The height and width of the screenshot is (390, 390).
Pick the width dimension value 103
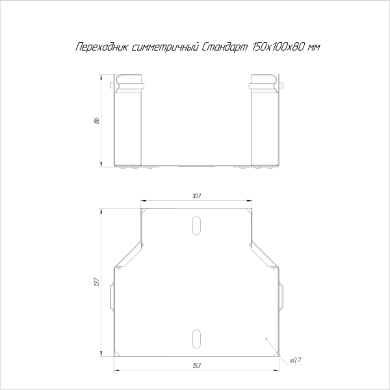[196, 195]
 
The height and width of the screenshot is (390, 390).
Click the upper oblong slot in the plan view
[196, 223]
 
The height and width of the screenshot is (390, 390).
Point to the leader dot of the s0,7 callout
[266, 339]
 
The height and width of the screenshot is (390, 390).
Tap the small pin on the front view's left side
[113, 85]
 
